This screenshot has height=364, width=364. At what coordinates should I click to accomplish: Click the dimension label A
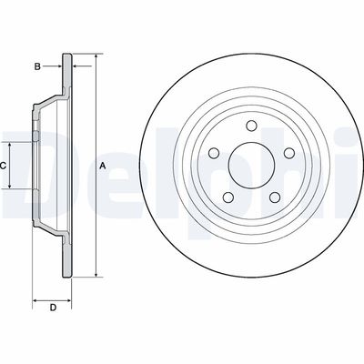(102, 166)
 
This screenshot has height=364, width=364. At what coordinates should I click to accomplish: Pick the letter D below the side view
(52, 307)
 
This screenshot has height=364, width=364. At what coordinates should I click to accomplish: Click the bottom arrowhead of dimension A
(95, 274)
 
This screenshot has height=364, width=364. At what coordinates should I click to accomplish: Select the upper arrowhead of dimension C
(12, 143)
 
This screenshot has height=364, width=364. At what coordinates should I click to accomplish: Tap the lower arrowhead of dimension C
(12, 187)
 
